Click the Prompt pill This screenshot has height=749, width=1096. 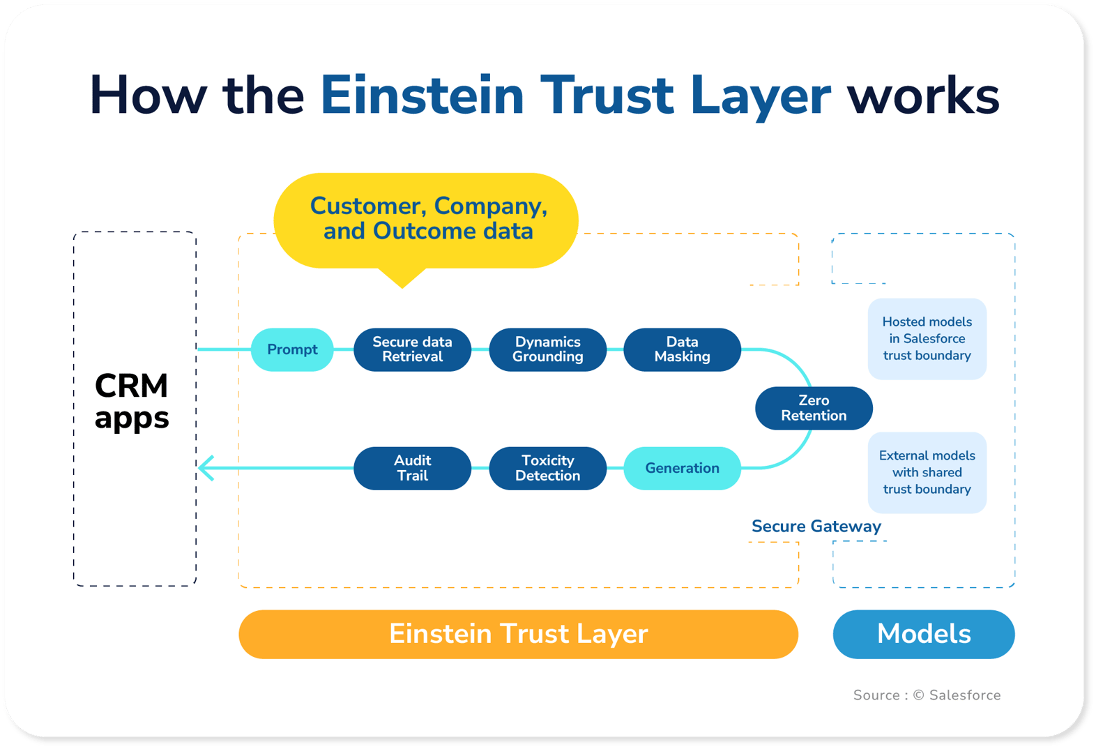[292, 349]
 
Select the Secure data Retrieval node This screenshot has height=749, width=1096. [412, 349]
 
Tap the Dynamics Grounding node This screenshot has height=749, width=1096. [547, 349]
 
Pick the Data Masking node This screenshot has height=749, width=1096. [682, 349]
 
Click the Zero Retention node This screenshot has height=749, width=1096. [814, 408]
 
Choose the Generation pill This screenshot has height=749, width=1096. [682, 468]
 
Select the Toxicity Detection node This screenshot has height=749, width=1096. [547, 468]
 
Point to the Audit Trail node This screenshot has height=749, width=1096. [412, 468]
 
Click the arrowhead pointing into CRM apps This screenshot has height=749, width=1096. [206, 468]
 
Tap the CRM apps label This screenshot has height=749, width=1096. [132, 402]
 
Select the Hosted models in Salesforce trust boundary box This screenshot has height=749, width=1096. [927, 339]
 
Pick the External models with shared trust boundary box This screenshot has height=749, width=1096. [927, 473]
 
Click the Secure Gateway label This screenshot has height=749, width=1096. [816, 527]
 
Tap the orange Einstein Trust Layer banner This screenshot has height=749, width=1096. [518, 634]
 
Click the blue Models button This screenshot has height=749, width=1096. [923, 634]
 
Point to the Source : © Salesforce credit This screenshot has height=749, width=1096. [927, 695]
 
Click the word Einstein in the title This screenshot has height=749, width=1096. [421, 96]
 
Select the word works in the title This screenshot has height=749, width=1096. [922, 96]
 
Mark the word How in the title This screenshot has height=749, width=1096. [148, 96]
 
